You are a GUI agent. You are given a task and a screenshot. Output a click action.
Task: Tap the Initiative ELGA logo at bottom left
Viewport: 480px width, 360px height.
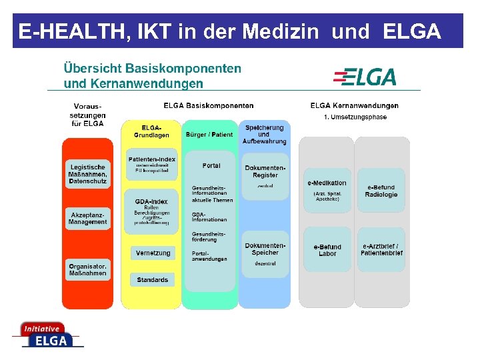pos(47,335)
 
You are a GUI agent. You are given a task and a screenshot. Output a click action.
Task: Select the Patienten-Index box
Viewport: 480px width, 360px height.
pos(153,164)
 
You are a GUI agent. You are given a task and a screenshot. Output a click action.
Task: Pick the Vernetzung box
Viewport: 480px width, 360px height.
pos(153,253)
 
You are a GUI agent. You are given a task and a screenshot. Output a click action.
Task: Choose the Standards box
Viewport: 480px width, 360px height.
pos(153,279)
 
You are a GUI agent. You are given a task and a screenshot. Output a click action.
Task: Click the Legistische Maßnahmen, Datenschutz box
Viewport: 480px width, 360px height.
pos(87,175)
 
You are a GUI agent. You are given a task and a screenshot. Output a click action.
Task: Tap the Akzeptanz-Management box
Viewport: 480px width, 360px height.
pos(87,219)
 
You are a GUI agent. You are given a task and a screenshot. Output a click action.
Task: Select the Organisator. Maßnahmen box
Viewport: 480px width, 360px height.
pos(87,269)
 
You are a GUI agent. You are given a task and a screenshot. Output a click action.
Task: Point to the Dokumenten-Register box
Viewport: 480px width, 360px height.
pos(265,177)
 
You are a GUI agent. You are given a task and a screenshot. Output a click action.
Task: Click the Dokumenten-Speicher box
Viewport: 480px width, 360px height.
pos(265,253)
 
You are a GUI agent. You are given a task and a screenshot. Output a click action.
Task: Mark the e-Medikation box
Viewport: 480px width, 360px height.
pos(327,189)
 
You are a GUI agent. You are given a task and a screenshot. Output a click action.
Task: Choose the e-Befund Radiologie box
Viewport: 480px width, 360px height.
pos(381,191)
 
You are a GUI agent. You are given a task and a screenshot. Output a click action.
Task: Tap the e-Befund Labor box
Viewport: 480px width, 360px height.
pos(327,249)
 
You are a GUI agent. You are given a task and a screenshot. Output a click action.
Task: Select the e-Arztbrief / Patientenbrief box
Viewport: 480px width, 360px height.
pos(381,249)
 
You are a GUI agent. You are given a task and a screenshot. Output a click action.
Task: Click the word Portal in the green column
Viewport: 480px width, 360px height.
pos(211,165)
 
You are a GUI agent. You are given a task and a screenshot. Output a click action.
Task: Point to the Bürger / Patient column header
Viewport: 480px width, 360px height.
pos(209,134)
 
